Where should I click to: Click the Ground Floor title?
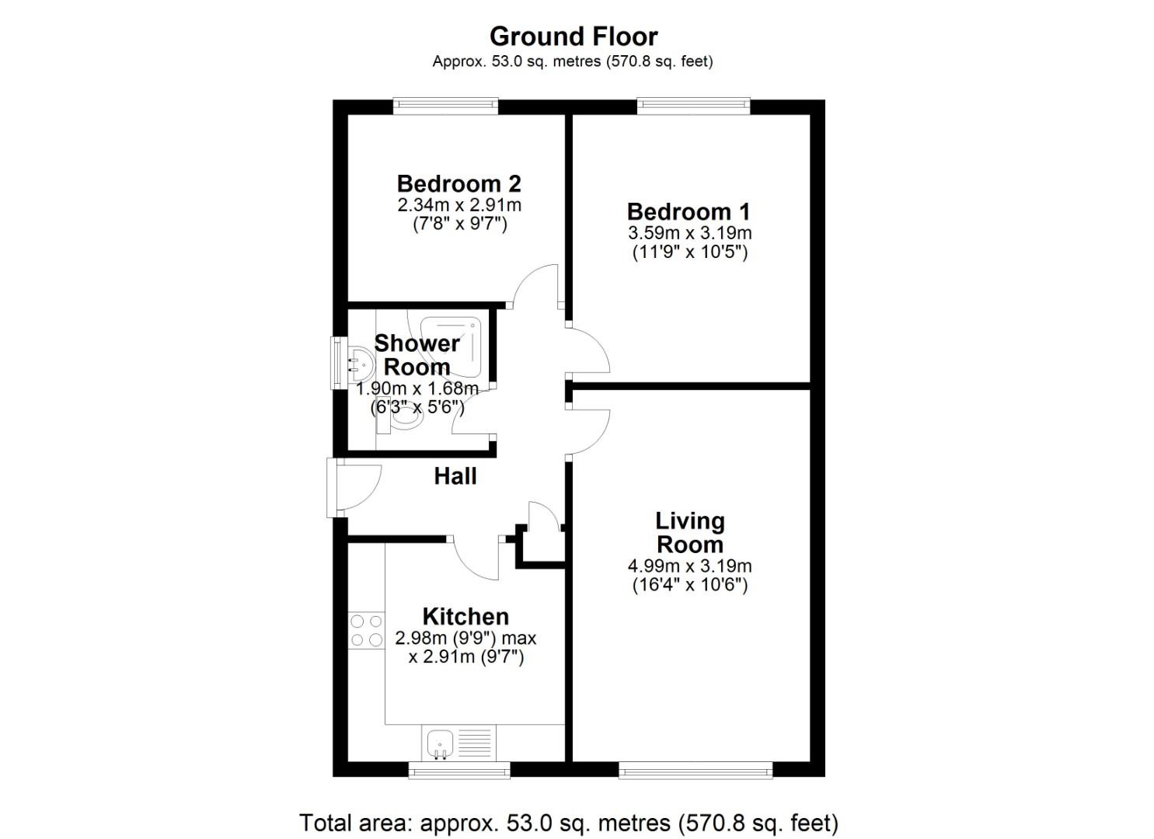tap(574, 37)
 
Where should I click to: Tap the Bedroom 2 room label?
tap(458, 184)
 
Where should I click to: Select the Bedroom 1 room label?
tap(689, 212)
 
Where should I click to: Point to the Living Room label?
tap(689, 532)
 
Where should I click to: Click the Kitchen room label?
tap(465, 617)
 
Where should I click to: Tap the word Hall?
tap(455, 476)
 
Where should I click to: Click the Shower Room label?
tap(417, 355)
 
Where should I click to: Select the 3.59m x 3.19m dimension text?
tap(689, 233)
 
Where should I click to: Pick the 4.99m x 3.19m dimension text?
tap(689, 566)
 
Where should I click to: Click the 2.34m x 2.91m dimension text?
tap(458, 206)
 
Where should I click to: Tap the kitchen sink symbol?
tap(441, 743)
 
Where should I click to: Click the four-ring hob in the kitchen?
tap(367, 630)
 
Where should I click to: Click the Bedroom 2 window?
tap(445, 106)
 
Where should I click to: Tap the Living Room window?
tap(696, 770)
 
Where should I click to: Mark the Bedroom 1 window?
tap(693, 106)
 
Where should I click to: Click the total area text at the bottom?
tap(569, 823)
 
